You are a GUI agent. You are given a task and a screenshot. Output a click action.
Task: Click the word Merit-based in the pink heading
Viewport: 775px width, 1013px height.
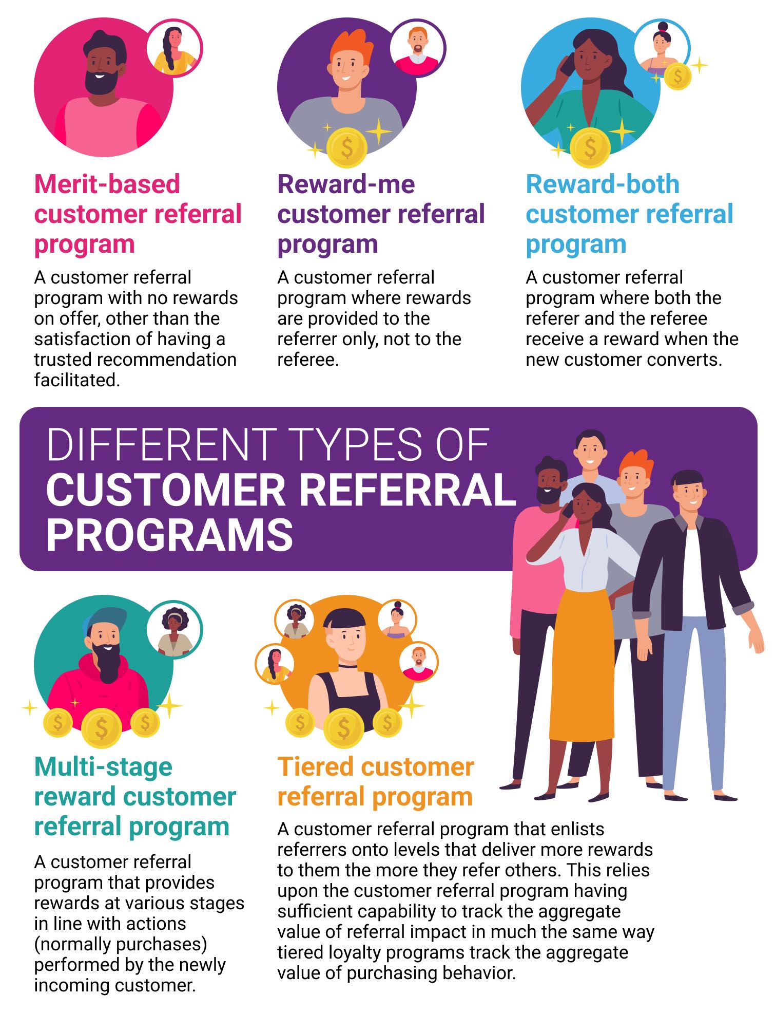(x=107, y=184)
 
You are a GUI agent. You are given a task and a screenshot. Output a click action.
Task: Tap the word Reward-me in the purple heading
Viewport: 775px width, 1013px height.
(x=346, y=184)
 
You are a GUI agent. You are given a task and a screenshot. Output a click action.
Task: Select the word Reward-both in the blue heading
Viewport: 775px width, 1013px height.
(x=603, y=184)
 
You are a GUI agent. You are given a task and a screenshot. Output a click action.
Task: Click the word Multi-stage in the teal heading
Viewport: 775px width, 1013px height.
(x=103, y=767)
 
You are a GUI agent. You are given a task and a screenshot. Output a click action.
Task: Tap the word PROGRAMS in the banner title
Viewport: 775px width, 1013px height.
(x=170, y=535)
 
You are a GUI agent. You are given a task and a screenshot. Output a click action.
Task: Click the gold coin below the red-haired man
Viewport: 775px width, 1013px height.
(x=347, y=147)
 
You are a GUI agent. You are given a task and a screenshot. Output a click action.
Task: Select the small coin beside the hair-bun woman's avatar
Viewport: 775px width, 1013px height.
(x=677, y=77)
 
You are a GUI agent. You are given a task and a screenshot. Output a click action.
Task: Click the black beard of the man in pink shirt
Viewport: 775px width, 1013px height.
(x=101, y=82)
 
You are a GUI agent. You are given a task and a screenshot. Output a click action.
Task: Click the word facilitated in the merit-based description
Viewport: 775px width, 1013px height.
(x=77, y=380)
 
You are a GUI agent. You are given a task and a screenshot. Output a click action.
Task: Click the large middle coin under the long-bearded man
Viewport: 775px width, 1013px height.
(x=102, y=727)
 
